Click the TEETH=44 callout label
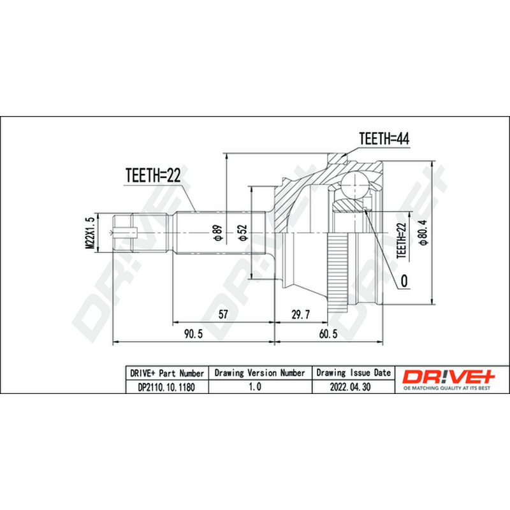384,138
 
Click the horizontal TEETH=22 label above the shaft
153,175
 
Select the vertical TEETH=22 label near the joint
402,240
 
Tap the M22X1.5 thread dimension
90,233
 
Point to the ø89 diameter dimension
217,233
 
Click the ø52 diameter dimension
243,233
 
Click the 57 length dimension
223,314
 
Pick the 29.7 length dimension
300,314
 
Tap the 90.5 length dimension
193,333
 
